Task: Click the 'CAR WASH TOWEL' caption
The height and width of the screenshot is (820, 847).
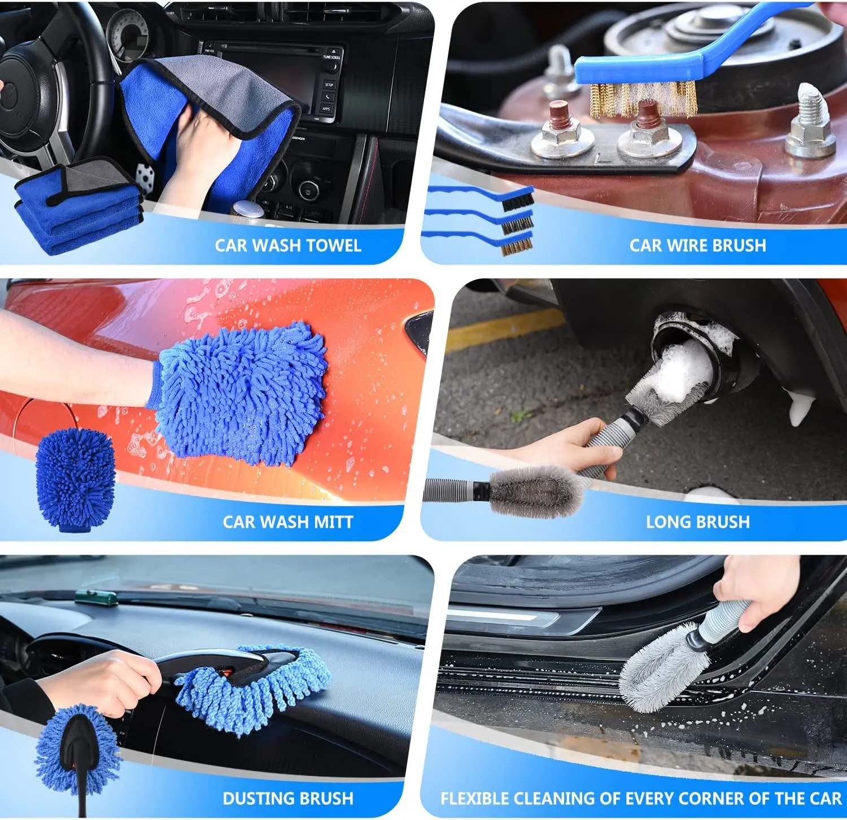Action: point(287,245)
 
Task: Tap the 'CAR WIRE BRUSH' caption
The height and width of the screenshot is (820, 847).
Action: point(697,245)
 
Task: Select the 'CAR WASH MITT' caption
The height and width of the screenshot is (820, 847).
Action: point(287,522)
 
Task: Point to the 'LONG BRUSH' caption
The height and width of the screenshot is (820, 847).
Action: point(697,522)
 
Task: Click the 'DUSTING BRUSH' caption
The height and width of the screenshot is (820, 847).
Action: point(287,799)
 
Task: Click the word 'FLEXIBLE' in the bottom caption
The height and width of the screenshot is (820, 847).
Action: point(475,799)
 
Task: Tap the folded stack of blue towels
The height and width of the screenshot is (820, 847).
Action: point(76,212)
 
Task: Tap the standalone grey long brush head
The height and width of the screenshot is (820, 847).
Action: point(534,492)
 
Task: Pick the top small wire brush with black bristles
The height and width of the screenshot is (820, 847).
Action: point(517,199)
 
